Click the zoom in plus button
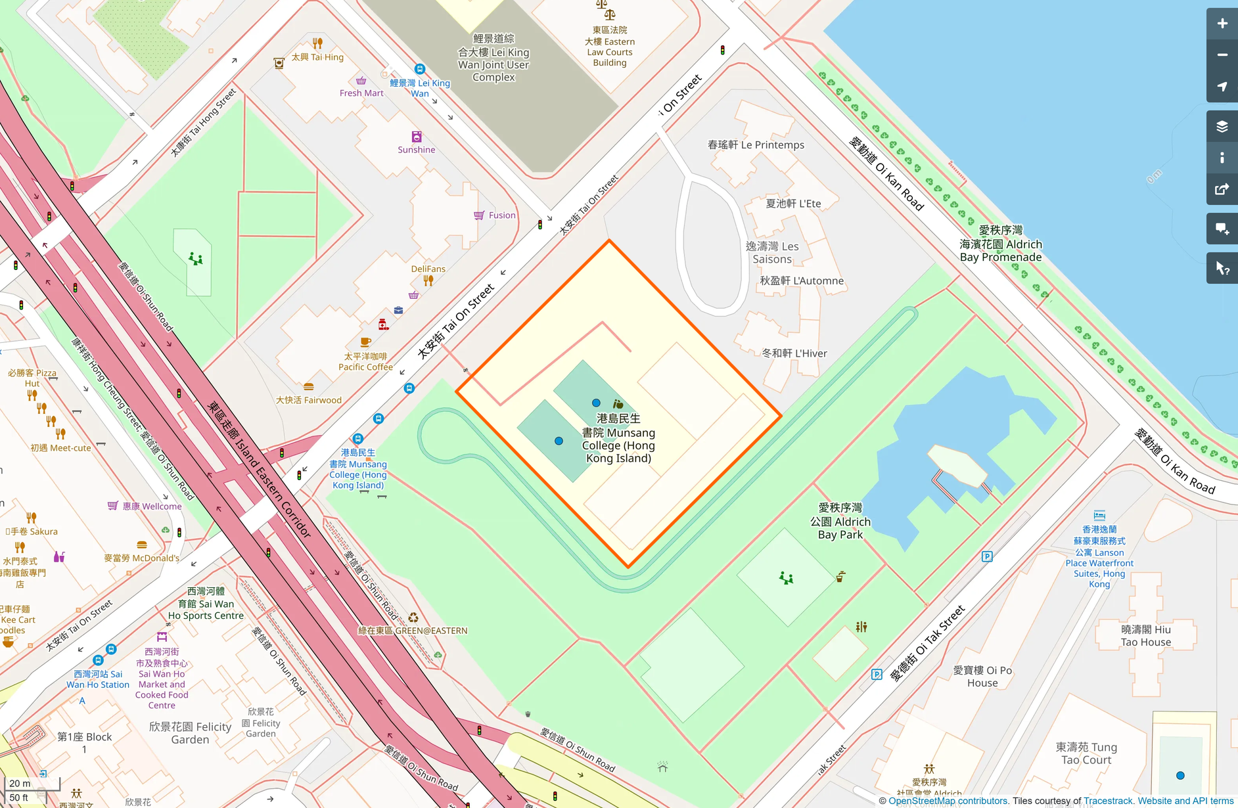click(x=1222, y=24)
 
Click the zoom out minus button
click(x=1222, y=55)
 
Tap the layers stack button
click(x=1222, y=127)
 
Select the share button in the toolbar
click(x=1222, y=190)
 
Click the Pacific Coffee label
click(x=365, y=362)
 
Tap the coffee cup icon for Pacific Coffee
click(x=365, y=342)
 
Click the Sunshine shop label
click(x=416, y=150)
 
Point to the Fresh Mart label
click(x=361, y=93)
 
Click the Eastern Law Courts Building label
click(x=610, y=47)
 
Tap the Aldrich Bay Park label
click(x=840, y=522)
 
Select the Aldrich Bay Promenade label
click(x=1000, y=244)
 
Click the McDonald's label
click(x=142, y=558)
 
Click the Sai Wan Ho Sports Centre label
click(x=206, y=604)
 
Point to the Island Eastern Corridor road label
click(x=260, y=469)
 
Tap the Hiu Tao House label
click(x=1145, y=636)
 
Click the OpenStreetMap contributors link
click(x=948, y=801)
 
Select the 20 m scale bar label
click(x=20, y=783)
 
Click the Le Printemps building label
click(x=756, y=145)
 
